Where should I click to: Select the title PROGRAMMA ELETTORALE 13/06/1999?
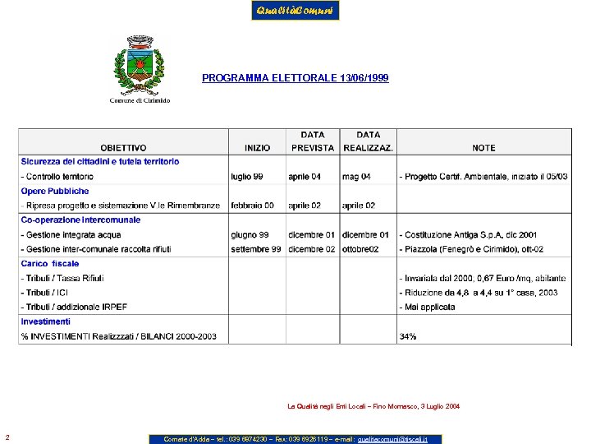[x=295, y=78]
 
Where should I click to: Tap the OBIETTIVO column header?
[x=124, y=148]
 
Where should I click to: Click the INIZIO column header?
[x=257, y=148]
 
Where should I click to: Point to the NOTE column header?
[x=483, y=148]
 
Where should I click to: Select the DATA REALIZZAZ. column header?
[x=368, y=141]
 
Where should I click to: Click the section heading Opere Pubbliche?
[x=55, y=191]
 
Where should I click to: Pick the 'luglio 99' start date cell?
[x=247, y=177]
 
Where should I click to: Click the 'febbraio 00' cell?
[x=252, y=206]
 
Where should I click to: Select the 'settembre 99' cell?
[x=256, y=249]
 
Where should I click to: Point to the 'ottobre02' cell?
[x=360, y=249]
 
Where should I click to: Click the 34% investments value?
[x=408, y=336]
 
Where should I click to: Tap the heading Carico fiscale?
[x=50, y=264]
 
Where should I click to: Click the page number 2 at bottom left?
[x=7, y=437]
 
